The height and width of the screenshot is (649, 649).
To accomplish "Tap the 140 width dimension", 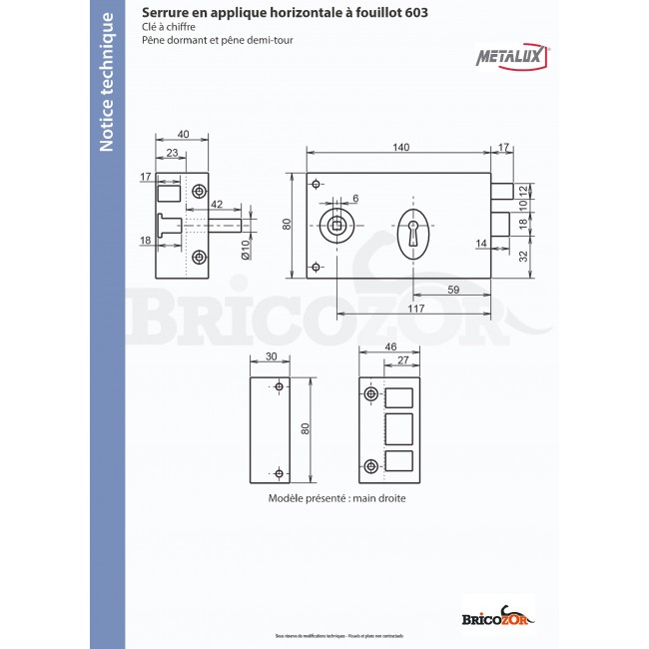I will click(x=399, y=147).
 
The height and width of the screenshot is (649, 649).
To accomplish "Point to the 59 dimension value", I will click(x=452, y=291).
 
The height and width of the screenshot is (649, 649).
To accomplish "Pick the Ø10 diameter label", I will click(x=246, y=250).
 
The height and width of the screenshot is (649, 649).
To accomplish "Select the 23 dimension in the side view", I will click(x=173, y=153).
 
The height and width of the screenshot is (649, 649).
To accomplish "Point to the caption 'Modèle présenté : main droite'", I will click(x=336, y=497).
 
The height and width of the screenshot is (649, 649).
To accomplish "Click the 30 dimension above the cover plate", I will click(x=271, y=356).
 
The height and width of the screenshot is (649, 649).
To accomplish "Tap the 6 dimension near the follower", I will click(x=354, y=198).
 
